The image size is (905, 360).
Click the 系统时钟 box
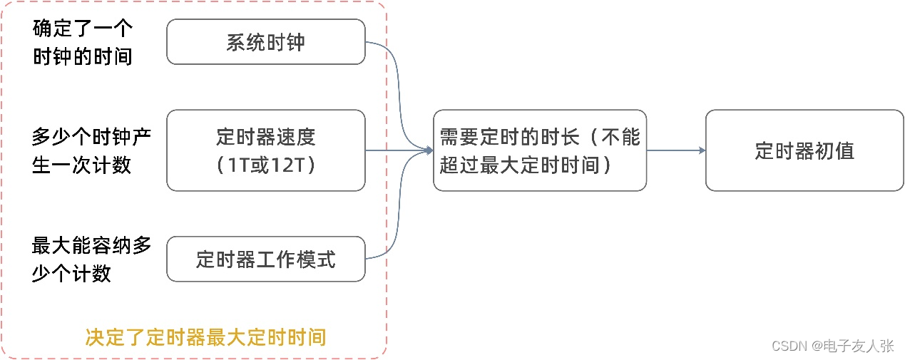[265, 42]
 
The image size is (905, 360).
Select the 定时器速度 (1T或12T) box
[265, 150]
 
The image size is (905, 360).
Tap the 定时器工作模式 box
[265, 259]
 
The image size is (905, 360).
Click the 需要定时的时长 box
[539, 150]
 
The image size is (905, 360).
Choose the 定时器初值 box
[804, 150]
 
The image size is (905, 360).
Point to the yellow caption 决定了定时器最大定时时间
[205, 336]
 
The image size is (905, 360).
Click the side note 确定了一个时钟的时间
[83, 43]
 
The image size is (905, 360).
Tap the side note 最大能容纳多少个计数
[91, 259]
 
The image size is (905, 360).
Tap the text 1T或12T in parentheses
[265, 165]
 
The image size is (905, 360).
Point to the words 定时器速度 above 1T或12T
[265, 136]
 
